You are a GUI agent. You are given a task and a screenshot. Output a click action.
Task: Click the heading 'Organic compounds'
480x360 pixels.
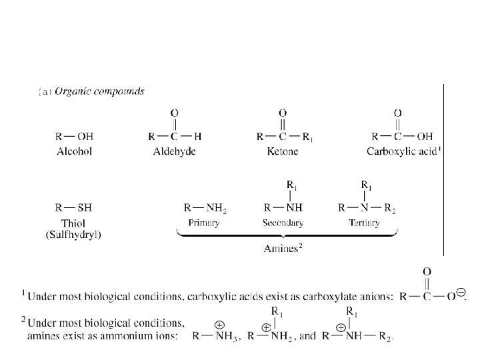tap(100, 91)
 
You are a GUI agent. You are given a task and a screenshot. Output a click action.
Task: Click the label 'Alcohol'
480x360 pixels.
tap(73, 151)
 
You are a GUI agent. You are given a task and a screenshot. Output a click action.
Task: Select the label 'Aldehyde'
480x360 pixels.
tap(174, 151)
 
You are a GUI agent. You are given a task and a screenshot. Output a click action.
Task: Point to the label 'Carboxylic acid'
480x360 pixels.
tap(401, 151)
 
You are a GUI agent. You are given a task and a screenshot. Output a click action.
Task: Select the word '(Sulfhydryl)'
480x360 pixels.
tap(73, 234)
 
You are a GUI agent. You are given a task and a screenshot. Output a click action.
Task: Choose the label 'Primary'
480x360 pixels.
tap(203, 223)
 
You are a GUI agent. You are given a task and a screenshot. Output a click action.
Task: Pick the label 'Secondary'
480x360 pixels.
tap(283, 223)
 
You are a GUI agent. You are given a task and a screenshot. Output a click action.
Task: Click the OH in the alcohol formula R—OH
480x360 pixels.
tap(84, 137)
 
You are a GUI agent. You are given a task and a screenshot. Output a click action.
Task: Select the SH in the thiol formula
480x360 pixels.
tap(84, 207)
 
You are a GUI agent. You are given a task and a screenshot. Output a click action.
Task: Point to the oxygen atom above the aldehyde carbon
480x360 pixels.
tap(175, 113)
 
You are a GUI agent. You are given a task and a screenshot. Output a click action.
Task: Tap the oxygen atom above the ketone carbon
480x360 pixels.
tap(283, 113)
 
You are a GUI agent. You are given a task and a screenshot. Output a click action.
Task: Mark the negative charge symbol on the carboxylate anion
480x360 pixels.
tap(461, 292)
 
